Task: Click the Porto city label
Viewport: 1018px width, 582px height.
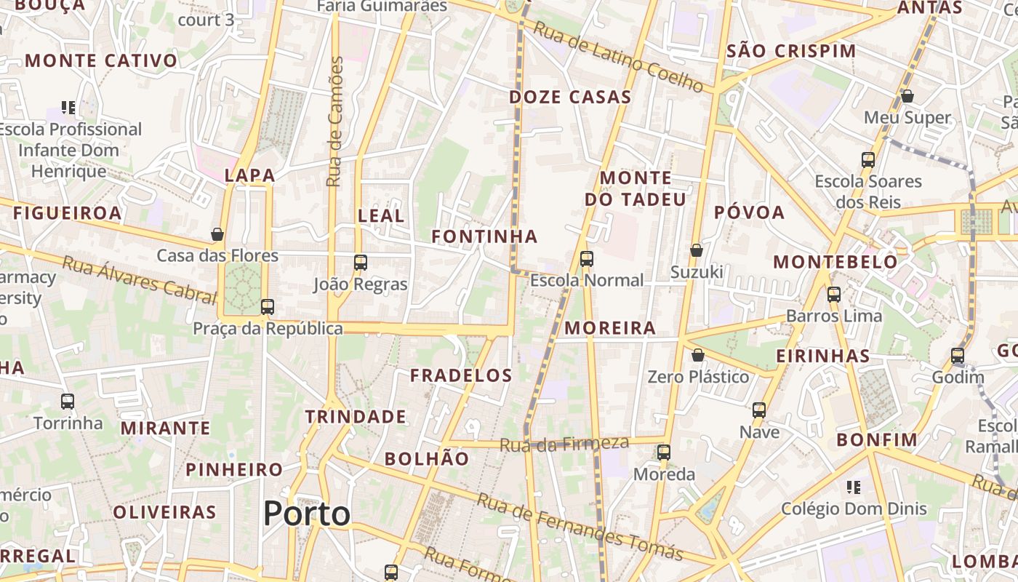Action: [x=307, y=514]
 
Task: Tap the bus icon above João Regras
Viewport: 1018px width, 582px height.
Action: [x=360, y=263]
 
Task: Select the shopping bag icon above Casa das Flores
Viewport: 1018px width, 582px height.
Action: [x=217, y=234]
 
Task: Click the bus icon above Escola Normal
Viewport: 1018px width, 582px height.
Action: [x=586, y=258]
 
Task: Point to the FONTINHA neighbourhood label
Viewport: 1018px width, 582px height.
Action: [x=484, y=236]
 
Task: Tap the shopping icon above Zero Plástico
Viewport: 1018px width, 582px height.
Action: [x=697, y=355]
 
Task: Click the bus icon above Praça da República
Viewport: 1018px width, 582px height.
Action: [x=267, y=307]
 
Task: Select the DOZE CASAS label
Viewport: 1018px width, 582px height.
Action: [x=570, y=97]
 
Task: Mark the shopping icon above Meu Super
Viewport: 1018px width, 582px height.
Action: [x=907, y=96]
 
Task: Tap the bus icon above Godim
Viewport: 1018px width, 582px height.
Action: [x=958, y=356]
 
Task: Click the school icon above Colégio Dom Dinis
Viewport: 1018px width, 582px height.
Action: [x=854, y=487]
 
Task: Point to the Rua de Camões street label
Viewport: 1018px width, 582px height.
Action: [x=334, y=121]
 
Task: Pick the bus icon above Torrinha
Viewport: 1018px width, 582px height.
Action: [x=68, y=401]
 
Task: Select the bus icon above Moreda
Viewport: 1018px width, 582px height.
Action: [x=663, y=453]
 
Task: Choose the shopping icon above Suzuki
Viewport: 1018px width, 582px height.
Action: [x=696, y=250]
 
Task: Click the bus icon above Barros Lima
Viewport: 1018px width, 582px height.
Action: [x=833, y=295]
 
